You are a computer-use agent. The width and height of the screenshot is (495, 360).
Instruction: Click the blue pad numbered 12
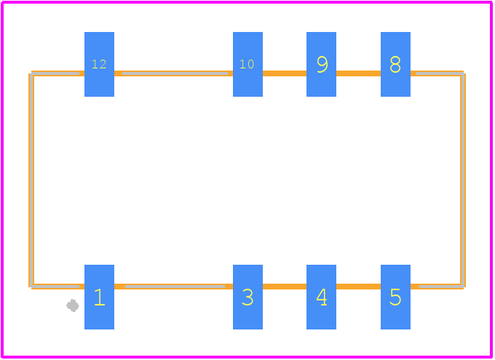tap(99, 64)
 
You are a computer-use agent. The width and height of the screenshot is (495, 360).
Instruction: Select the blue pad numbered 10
tap(247, 64)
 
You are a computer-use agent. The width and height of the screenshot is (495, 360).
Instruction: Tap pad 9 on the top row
tap(321, 64)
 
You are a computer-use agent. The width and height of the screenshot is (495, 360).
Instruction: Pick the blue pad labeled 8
tap(395, 64)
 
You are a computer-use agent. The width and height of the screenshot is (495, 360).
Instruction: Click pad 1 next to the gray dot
tap(99, 297)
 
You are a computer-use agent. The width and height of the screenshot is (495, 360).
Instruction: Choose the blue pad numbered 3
tap(247, 297)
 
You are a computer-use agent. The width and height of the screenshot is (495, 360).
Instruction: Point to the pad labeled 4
tap(321, 297)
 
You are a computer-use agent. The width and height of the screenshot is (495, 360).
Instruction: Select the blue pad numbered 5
tap(395, 297)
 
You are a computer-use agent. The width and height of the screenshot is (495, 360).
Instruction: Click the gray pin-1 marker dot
tap(73, 305)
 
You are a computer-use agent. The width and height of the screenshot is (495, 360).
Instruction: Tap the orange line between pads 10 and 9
tap(285, 73)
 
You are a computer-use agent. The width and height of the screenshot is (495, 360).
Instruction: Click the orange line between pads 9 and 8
tap(358, 73)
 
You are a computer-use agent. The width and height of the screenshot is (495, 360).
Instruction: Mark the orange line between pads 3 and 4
tap(285, 287)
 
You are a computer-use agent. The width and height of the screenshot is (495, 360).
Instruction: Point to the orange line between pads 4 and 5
tap(358, 287)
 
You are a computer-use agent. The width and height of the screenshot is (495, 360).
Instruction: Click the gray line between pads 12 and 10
tap(175, 73)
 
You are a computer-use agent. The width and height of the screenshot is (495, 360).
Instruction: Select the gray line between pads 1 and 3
tap(175, 287)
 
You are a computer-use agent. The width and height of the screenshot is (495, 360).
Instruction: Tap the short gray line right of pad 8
tap(440, 73)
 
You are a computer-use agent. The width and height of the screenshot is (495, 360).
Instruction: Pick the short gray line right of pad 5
tap(441, 287)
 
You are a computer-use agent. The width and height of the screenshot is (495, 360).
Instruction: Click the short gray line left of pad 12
tap(55, 73)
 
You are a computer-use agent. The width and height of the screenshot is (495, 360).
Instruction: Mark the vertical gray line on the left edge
tap(31, 180)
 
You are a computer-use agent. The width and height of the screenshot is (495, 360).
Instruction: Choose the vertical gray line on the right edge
tap(462, 180)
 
